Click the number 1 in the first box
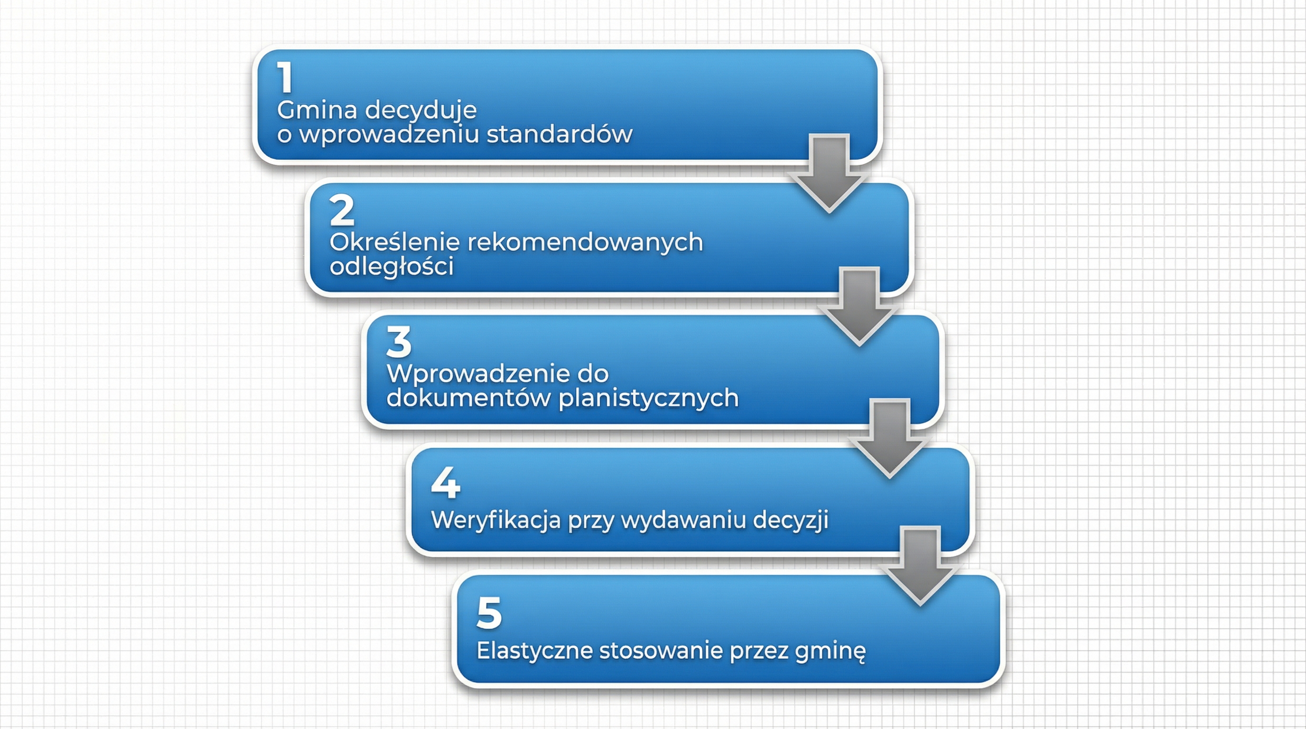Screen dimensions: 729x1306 (285, 77)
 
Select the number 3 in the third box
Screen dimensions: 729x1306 (399, 342)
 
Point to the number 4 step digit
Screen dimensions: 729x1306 (445, 482)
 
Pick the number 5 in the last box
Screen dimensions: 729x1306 (489, 613)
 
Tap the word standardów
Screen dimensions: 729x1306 (559, 134)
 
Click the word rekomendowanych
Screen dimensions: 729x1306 (585, 243)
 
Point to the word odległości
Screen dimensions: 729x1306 (392, 267)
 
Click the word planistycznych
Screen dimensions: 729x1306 (648, 398)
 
